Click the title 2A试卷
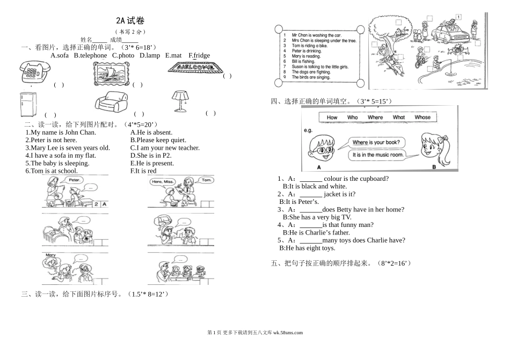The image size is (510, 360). (x=130, y=21)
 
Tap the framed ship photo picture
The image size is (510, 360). (x=111, y=72)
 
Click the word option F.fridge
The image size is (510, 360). (x=199, y=55)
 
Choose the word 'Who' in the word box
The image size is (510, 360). (x=352, y=117)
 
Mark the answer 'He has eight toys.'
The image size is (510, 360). (x=307, y=248)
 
